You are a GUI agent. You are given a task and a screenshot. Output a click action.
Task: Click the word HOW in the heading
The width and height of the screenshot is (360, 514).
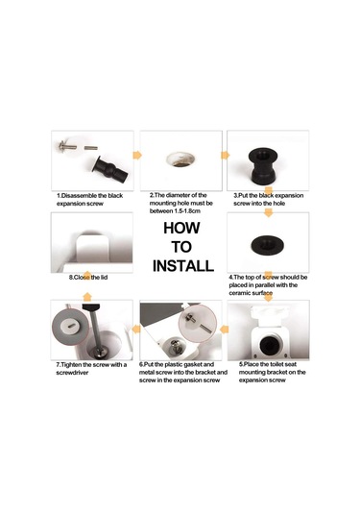coord(181,228)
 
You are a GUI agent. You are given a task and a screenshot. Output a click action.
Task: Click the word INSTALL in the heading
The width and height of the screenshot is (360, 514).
coord(183,266)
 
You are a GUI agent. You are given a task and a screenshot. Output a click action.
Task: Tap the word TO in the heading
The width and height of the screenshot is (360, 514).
coord(181,247)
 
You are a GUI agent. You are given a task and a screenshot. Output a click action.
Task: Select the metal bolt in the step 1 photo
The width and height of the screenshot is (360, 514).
coord(68,146)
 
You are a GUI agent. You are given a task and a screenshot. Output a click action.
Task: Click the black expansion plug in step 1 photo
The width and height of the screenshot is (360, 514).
coord(110,170)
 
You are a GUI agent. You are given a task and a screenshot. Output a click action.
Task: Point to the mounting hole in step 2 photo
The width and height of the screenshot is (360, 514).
coord(180,159)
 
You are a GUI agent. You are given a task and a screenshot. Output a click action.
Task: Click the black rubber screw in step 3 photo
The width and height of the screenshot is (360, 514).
coord(263,167)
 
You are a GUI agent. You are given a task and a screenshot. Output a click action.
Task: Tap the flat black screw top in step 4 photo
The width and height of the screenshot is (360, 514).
coord(268,245)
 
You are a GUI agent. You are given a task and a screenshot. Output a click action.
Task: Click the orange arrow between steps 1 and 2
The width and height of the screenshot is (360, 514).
coord(137,155)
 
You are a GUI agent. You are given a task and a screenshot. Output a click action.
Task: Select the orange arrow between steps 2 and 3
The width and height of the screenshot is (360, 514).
coord(226,155)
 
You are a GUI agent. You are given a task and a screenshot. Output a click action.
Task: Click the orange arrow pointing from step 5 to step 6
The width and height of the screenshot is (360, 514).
coord(225,330)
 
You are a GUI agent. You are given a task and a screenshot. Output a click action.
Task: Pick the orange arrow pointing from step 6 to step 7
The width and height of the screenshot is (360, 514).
coord(136,329)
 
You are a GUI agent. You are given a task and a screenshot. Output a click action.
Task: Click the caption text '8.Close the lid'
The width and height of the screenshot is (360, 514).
coord(88,278)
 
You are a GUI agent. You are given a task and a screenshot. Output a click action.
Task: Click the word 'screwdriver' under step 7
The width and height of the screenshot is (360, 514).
coord(72,373)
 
